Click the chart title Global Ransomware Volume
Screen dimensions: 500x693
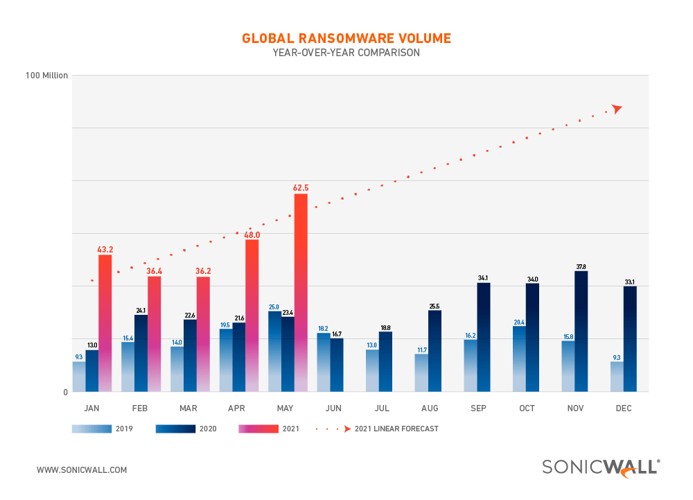click(346, 38)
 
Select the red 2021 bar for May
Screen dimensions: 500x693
click(301, 291)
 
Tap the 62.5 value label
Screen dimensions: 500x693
click(301, 188)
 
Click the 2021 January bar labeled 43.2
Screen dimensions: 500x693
click(105, 322)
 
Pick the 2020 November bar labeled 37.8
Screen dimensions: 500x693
click(581, 331)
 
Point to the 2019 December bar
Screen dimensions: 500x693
click(617, 376)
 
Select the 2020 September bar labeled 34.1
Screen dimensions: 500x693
click(484, 336)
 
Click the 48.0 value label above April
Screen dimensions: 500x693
click(252, 234)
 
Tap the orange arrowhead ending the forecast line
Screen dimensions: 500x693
click(617, 108)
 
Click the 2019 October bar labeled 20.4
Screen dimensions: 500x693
click(519, 359)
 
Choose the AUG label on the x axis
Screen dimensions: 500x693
click(428, 409)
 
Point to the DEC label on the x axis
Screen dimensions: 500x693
click(624, 409)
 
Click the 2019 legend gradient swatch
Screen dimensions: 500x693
click(91, 429)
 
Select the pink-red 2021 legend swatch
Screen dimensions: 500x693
click(258, 429)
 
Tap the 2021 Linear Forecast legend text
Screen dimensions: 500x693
click(396, 429)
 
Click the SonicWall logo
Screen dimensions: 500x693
click(601, 468)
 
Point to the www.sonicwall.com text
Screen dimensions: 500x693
click(82, 469)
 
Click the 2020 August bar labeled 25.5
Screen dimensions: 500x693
click(435, 350)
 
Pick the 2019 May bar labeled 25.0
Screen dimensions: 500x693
click(275, 351)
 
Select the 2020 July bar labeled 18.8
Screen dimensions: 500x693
click(386, 361)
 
